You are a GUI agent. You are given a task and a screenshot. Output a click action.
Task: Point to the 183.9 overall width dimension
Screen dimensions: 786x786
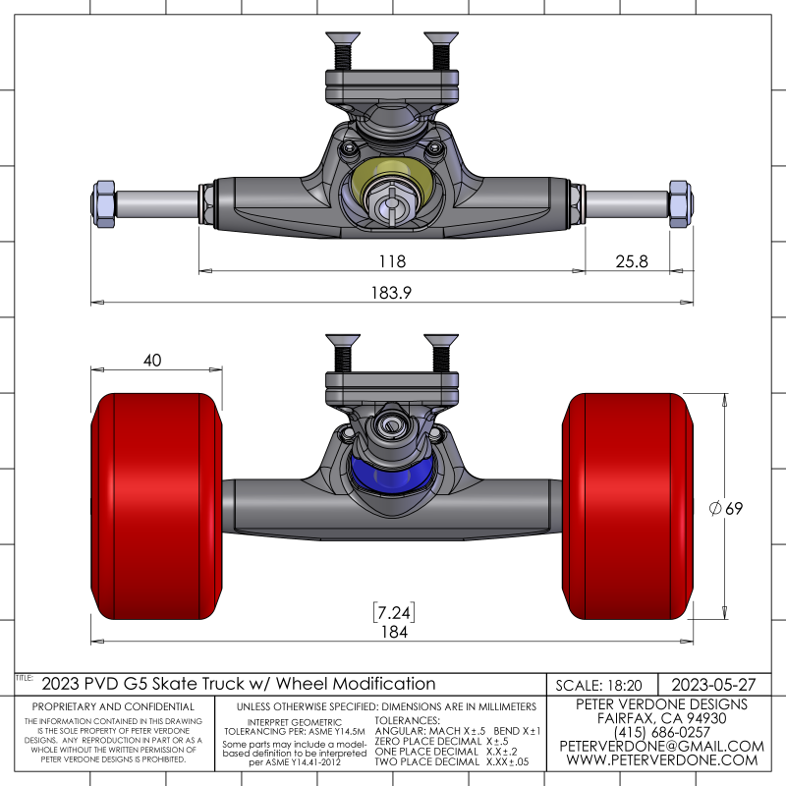click(x=393, y=293)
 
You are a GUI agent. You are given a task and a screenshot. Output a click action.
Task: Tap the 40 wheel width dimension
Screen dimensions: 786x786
click(x=152, y=361)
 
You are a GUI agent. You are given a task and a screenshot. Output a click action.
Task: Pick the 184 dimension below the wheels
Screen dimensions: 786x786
click(x=393, y=632)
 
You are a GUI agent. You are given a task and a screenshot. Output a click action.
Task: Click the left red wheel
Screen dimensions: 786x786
click(x=155, y=506)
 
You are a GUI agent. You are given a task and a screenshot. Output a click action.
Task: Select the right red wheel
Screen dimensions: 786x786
click(x=630, y=506)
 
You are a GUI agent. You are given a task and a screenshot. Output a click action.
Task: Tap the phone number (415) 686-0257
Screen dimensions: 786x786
click(x=661, y=732)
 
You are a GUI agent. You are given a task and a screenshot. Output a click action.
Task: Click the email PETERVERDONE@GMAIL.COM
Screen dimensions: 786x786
click(x=661, y=746)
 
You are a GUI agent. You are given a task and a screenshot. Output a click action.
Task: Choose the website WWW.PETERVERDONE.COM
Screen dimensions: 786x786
click(x=661, y=760)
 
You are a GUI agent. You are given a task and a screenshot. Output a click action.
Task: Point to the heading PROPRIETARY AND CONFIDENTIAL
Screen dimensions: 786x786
click(x=113, y=706)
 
